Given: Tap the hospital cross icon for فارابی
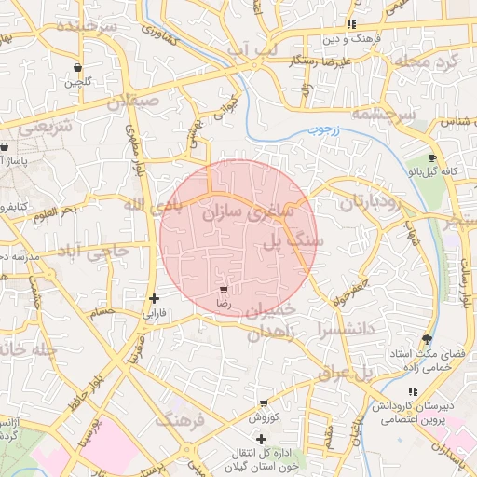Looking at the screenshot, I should [154, 299].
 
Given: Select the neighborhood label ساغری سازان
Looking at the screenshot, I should [247, 209].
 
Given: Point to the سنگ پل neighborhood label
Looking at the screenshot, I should [293, 241].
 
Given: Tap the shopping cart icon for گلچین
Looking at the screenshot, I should [76, 68].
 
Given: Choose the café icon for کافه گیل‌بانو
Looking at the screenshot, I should [432, 158].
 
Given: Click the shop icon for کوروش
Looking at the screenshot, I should [265, 403].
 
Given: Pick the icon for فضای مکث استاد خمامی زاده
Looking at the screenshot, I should [427, 339].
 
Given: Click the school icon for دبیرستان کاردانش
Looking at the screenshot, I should [413, 391].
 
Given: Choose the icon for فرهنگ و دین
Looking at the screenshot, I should [351, 24].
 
